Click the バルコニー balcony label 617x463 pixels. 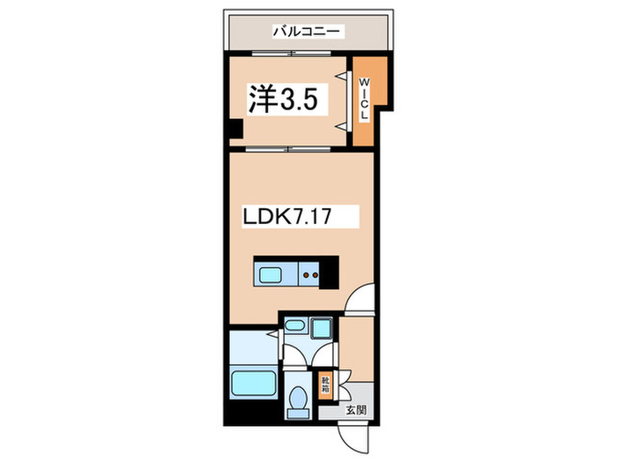307,31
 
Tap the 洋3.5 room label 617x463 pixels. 283,99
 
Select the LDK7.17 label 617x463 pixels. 286,217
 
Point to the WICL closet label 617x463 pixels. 365,99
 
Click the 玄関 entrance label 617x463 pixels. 356,410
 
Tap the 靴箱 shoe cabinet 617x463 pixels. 325,385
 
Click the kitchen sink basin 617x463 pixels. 271,274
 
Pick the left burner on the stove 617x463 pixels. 306,275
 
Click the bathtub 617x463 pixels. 254,383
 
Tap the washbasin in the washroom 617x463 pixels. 294,326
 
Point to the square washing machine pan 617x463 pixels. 321,328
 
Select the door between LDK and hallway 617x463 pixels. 360,297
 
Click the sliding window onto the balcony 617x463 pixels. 291,54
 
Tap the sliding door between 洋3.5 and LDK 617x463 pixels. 288,149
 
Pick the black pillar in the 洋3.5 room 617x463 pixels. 235,129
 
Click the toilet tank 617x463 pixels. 298,413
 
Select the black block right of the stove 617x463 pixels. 329,273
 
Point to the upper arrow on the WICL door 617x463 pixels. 342,76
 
